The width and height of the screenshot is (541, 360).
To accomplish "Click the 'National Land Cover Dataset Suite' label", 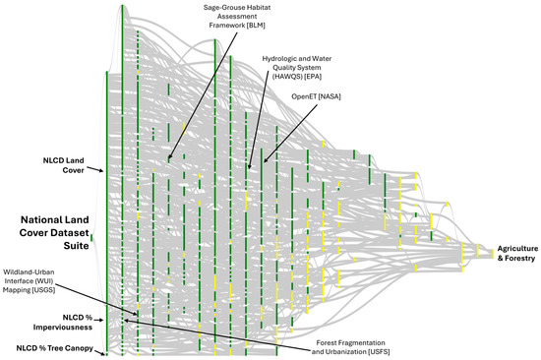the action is coord(54,233).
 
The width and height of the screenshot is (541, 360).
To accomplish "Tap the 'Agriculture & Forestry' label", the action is coord(517,254).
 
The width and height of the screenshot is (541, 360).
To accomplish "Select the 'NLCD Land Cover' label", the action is coord(64,165).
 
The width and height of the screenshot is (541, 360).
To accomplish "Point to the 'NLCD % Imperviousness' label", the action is coord(63,322).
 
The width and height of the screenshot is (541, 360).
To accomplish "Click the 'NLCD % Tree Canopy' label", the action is coord(54,348).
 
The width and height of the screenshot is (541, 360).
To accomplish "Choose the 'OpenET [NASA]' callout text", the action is coord(316,96).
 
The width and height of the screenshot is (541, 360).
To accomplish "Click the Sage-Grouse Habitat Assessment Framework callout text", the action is coord(237,16).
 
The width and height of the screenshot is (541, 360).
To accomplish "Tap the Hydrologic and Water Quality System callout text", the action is coord(297,68).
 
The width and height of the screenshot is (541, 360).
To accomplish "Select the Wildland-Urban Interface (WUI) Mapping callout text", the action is coord(29,281).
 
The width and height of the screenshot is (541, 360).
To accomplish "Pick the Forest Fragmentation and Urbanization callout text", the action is coord(350,347).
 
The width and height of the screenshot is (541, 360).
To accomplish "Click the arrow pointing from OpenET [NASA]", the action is coord(290,134).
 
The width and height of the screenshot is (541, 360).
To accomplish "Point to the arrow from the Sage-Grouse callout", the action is coord(203,95).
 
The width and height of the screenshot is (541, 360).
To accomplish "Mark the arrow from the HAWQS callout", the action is coord(259,119).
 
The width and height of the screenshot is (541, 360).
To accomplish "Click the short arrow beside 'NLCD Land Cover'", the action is coord(94,169).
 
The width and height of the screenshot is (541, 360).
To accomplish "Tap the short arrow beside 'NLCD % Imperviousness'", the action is coord(98,321).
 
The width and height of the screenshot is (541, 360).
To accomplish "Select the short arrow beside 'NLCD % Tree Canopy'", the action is coord(99,353).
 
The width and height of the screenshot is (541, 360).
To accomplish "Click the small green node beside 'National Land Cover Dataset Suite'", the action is coord(91,237).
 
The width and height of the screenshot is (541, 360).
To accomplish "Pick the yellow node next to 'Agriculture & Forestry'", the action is coord(493,254).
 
